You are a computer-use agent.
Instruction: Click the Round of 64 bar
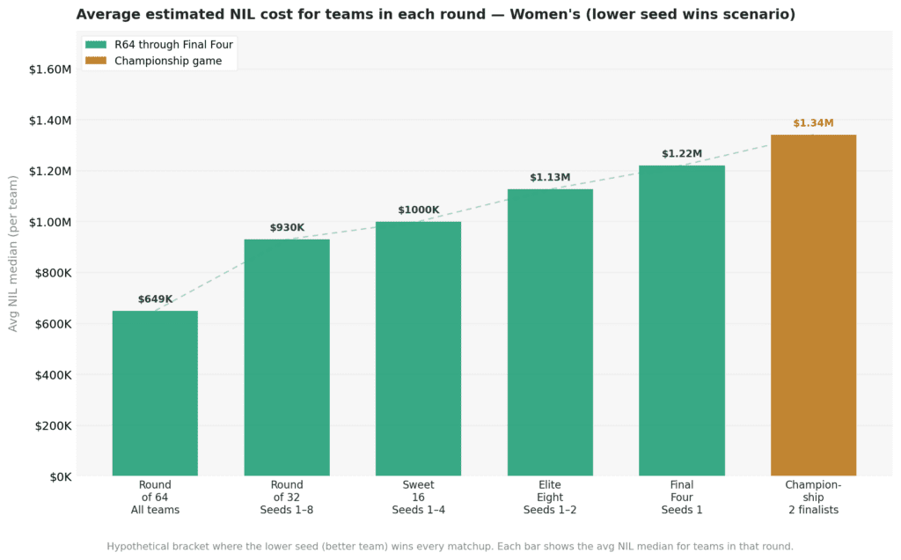point(155,394)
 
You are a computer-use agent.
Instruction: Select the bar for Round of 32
point(287,357)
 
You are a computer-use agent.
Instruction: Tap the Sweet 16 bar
point(418,349)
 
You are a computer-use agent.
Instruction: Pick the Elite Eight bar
point(550,333)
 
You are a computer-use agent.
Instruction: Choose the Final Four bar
point(682,321)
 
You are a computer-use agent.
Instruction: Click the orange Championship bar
point(813,306)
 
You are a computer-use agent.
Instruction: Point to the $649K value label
point(155,299)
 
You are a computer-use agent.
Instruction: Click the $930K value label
point(287,228)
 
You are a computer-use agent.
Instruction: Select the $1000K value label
point(418,210)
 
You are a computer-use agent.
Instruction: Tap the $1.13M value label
point(550,178)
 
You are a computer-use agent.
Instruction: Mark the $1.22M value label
point(682,154)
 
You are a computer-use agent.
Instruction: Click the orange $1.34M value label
point(813,123)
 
